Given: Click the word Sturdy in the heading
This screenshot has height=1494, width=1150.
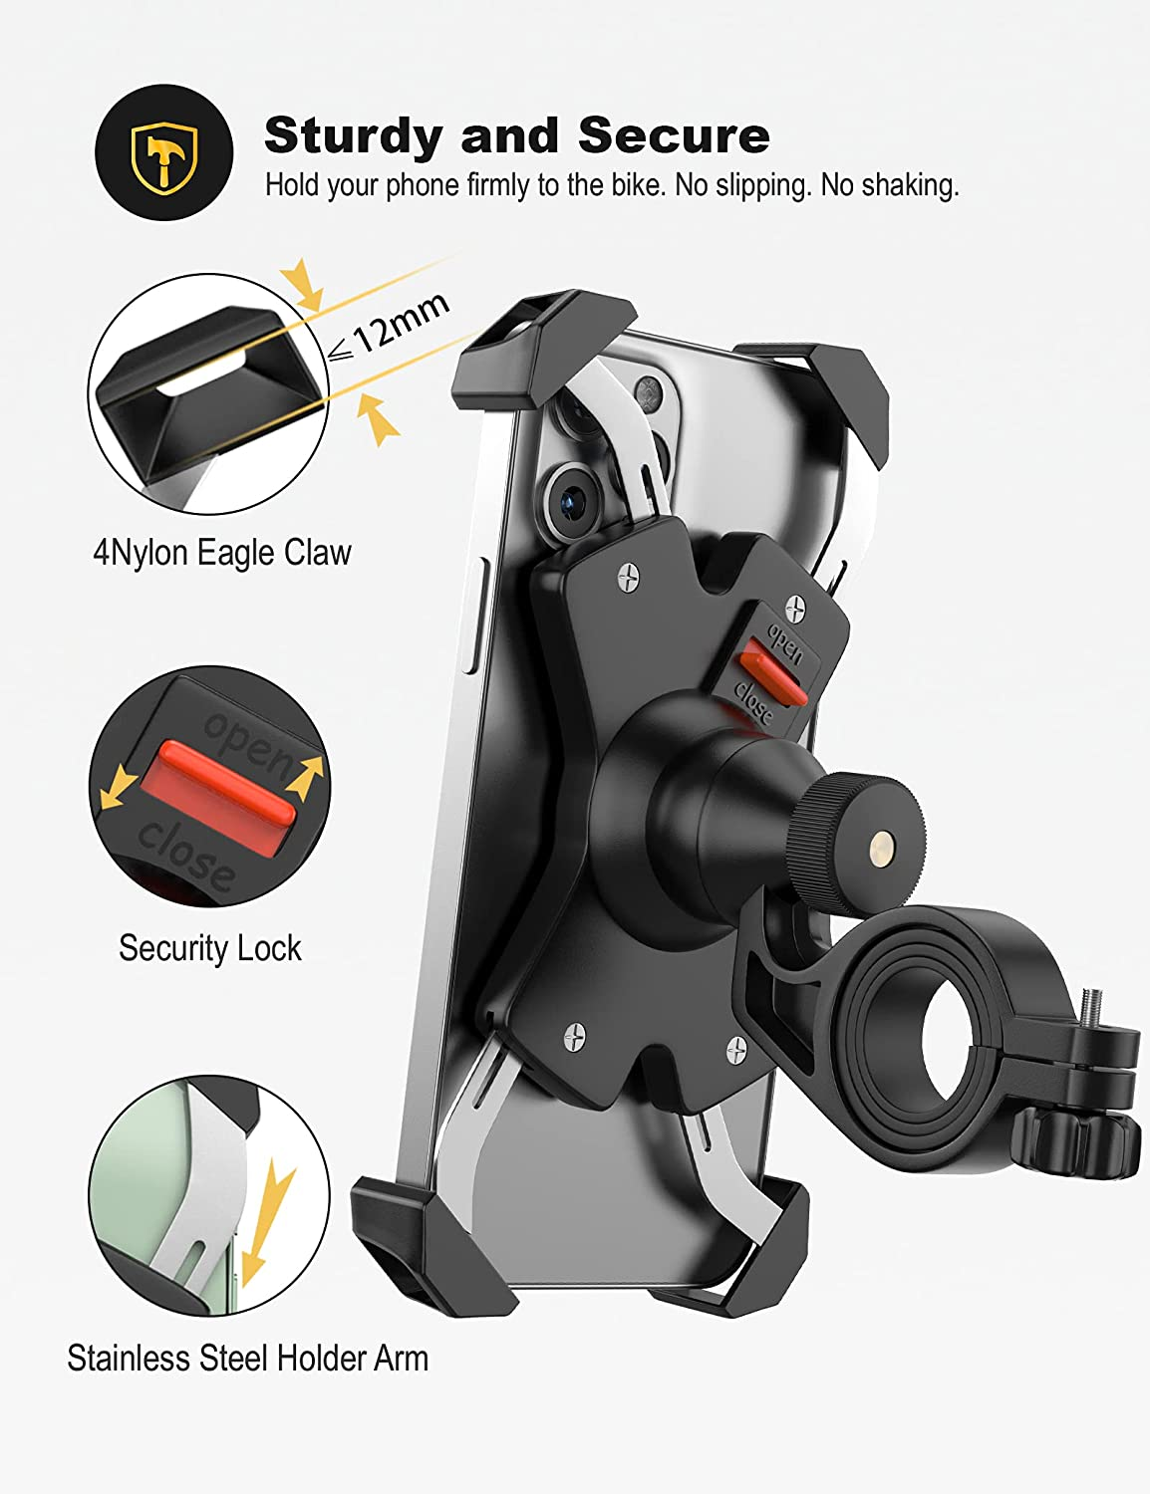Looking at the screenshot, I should [x=354, y=135].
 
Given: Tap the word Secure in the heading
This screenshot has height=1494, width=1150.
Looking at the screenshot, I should [x=674, y=135].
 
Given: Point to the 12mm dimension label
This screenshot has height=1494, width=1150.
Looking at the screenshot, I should [x=400, y=323].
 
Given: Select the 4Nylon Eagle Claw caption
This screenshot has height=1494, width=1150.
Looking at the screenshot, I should [x=221, y=553].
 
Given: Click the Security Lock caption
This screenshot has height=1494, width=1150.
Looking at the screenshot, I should [x=209, y=948].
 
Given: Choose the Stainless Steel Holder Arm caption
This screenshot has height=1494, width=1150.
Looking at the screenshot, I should [x=247, y=1359].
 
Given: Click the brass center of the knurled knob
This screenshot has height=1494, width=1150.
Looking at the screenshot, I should [x=881, y=849].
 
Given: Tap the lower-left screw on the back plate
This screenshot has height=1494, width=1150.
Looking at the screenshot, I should [x=574, y=1038].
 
